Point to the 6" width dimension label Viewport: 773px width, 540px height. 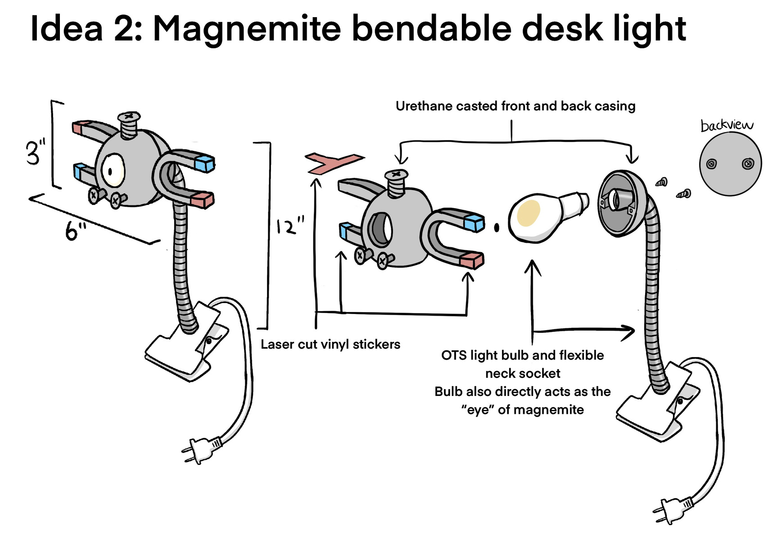coord(76,231)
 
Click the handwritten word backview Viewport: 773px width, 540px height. coord(727,125)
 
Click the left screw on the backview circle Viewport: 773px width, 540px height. coord(712,164)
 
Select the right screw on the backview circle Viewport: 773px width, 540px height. coord(748,164)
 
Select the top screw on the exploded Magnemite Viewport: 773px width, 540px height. coord(396,182)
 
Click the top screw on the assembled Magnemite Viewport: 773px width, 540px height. coord(129,125)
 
